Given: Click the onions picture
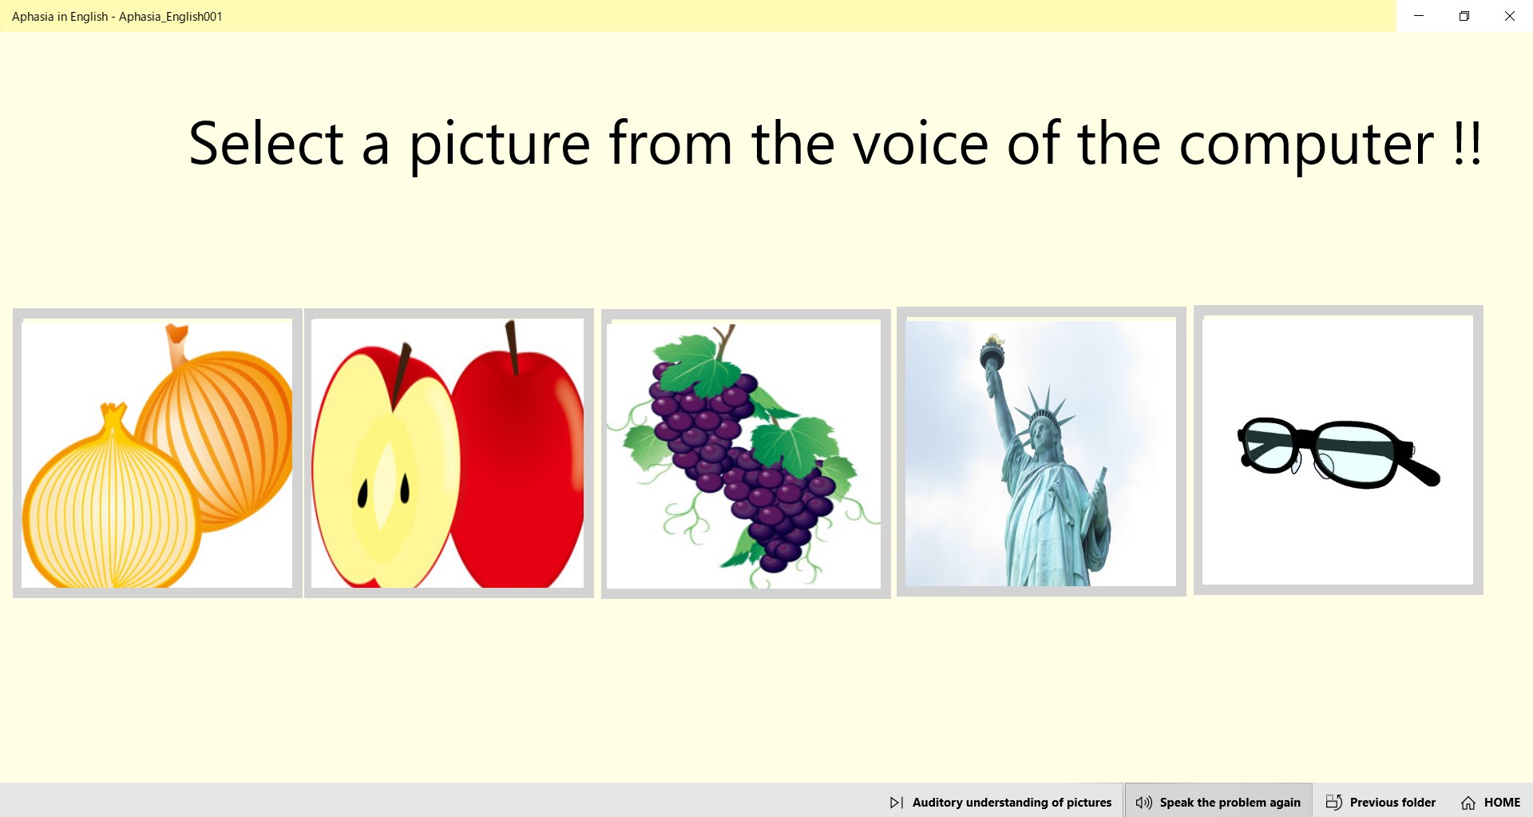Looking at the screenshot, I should pos(157,454).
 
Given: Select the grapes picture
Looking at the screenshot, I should pos(745,454).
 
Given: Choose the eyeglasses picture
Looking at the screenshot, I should pos(1337,451).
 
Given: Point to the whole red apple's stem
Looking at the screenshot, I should pos(512,347).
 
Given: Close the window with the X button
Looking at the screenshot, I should pos(1509,16).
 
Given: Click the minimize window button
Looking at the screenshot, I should pos(1419,16).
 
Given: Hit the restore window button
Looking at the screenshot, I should pos(1464,16).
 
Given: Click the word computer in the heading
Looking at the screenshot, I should pos(1305,145).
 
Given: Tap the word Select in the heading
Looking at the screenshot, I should pos(266,145).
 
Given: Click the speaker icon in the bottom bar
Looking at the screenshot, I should pos(1143,803).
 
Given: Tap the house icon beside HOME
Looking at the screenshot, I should pos(1468,803).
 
